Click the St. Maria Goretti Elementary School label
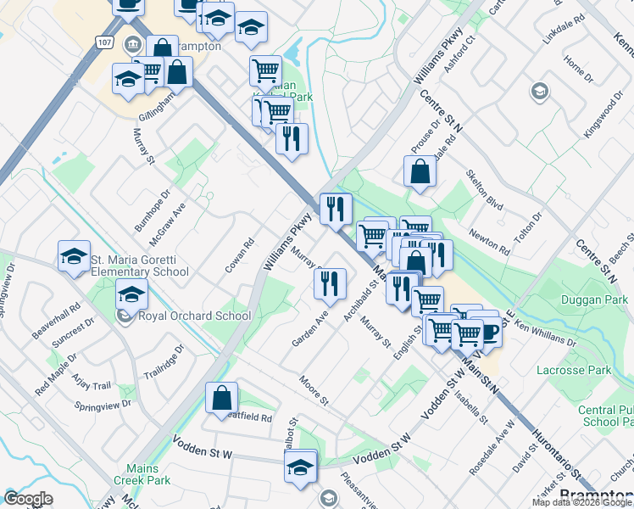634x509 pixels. click(x=140, y=266)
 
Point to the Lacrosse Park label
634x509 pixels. click(x=574, y=370)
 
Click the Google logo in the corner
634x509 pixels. click(x=29, y=499)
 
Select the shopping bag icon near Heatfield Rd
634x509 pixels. click(x=221, y=397)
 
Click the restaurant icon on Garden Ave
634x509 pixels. click(x=331, y=282)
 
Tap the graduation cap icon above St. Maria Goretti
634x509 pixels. click(x=74, y=255)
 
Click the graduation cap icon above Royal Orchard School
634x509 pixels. click(x=131, y=294)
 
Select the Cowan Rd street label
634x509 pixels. click(x=240, y=255)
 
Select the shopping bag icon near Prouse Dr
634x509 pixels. click(x=420, y=171)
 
